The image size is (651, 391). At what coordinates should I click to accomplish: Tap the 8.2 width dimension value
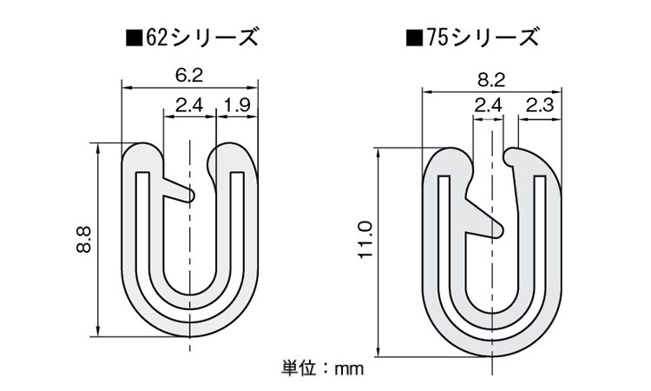[x=490, y=79]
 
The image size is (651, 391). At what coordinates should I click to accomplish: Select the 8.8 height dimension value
[x=82, y=239]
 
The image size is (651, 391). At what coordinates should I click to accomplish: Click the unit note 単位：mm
[x=321, y=368]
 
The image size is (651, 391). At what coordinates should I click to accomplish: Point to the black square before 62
[x=134, y=38]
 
